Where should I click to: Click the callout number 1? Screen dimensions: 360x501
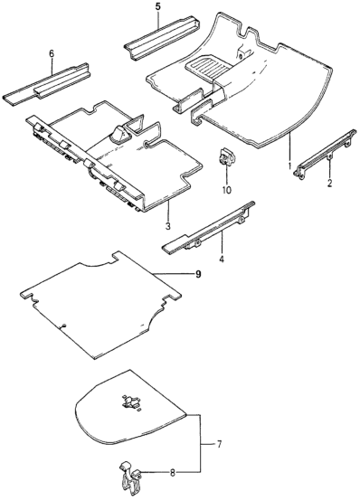pyautogui.click(x=289, y=166)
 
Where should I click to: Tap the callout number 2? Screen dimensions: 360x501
pyautogui.click(x=329, y=184)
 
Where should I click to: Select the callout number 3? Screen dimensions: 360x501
pyautogui.click(x=168, y=226)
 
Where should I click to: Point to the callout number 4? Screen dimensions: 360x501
pyautogui.click(x=222, y=259)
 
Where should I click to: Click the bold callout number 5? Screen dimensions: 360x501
pyautogui.click(x=158, y=7)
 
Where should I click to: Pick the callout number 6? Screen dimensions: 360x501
pyautogui.click(x=52, y=53)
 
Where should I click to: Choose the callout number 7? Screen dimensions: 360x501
pyautogui.click(x=219, y=444)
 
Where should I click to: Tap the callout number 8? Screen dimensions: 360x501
pyautogui.click(x=173, y=473)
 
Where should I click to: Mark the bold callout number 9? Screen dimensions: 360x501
pyautogui.click(x=198, y=274)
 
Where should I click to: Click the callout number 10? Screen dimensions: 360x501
pyautogui.click(x=226, y=190)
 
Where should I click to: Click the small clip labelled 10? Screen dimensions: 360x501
pyautogui.click(x=227, y=156)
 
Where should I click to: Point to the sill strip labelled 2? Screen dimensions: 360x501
pyautogui.click(x=326, y=153)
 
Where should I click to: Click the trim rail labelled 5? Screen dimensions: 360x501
pyautogui.click(x=162, y=37)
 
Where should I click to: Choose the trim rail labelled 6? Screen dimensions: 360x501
pyautogui.click(x=47, y=84)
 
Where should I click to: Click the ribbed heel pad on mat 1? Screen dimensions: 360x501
pyautogui.click(x=208, y=67)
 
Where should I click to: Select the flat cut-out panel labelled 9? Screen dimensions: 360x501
pyautogui.click(x=100, y=304)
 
